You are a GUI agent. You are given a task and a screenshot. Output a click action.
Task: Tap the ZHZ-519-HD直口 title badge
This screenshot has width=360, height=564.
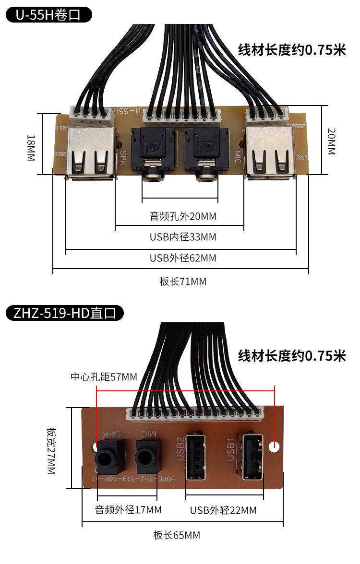[x=65, y=314]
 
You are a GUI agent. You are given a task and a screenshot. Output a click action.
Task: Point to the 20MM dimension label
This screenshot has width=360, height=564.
[x=331, y=141]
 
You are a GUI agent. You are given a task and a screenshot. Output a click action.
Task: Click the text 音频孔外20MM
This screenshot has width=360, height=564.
[x=183, y=216]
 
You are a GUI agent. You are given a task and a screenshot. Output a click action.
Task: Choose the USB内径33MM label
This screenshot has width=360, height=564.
[x=183, y=237]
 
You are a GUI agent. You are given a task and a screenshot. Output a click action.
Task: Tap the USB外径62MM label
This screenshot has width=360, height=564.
[x=183, y=258]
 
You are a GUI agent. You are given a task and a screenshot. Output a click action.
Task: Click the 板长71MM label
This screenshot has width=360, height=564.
[x=183, y=282]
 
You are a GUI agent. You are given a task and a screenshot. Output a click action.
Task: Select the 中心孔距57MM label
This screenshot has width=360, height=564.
[x=104, y=377]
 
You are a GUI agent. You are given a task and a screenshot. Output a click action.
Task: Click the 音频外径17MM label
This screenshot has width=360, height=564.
[x=128, y=509]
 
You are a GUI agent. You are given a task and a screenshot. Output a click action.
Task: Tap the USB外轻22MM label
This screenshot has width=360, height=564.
[x=223, y=510]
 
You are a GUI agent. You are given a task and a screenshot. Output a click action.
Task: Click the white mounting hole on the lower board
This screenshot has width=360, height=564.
[x=274, y=447]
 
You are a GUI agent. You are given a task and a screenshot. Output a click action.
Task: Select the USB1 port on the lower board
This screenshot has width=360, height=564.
[x=253, y=457]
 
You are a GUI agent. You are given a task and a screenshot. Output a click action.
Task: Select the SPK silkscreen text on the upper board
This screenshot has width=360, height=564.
[x=123, y=158]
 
